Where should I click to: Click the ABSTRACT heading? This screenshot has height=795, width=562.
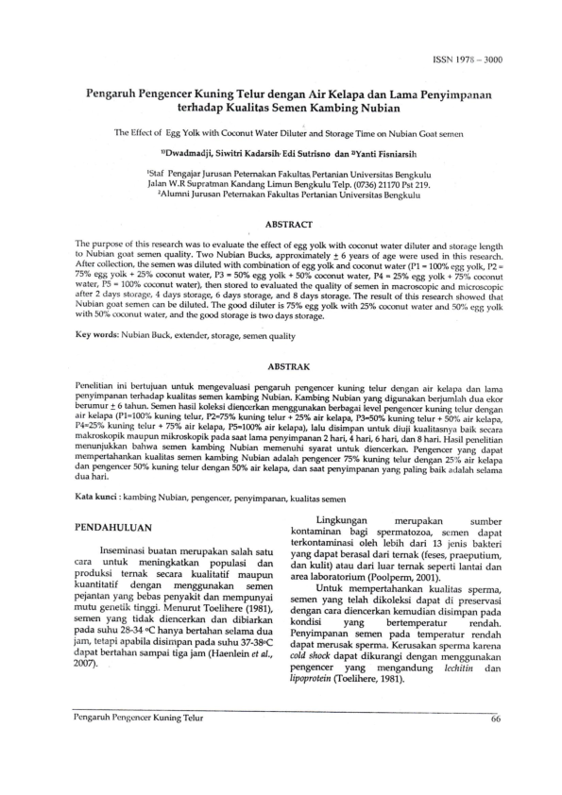click(281, 224)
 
